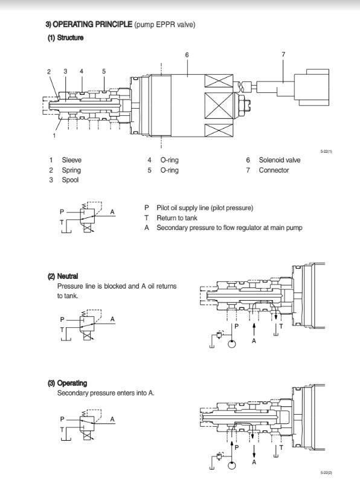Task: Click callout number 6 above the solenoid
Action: (187, 55)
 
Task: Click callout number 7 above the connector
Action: (283, 54)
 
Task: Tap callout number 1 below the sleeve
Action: (54, 135)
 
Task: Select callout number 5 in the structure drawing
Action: (104, 71)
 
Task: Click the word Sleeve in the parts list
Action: (72, 160)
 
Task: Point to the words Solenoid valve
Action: (280, 160)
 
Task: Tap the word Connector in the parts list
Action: (274, 170)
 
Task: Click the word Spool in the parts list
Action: (70, 180)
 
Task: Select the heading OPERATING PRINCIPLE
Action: (92, 24)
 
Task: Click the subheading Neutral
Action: (68, 276)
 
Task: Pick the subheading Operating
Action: (72, 383)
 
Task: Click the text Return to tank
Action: (177, 218)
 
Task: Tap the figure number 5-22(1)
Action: (326, 152)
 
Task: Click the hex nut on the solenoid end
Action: (246, 105)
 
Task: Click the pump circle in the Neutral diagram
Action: (232, 344)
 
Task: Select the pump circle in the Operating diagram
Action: (232, 465)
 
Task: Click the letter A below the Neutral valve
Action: (254, 341)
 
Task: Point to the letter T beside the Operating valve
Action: (281, 447)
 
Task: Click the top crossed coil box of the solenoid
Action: (219, 81)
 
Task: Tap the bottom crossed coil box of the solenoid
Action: (219, 130)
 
